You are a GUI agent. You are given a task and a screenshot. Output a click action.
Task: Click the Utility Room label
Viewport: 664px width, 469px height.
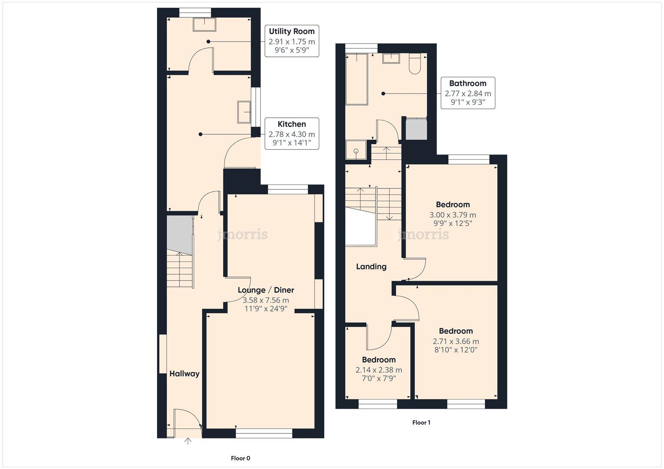pyautogui.click(x=291, y=31)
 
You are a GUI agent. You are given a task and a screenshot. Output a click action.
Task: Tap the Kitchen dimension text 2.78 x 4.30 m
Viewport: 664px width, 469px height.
pyautogui.click(x=291, y=134)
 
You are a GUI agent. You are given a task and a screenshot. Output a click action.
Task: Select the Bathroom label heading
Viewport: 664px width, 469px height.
pyautogui.click(x=467, y=83)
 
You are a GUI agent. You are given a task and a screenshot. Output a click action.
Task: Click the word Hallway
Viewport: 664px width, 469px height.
pyautogui.click(x=184, y=373)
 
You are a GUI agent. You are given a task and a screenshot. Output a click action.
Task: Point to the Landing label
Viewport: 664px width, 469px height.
pyautogui.click(x=371, y=267)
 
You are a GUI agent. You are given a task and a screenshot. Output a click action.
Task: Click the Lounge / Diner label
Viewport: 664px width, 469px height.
pyautogui.click(x=266, y=290)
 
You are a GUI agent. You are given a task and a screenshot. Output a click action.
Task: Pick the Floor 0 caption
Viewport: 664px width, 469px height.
pyautogui.click(x=240, y=458)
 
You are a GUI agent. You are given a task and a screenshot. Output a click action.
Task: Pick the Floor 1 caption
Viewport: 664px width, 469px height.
pyautogui.click(x=421, y=423)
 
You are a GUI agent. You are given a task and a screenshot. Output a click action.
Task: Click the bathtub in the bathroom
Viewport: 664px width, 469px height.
pyautogui.click(x=357, y=79)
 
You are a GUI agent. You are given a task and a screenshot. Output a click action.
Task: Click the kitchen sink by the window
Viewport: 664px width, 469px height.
pyautogui.click(x=244, y=112)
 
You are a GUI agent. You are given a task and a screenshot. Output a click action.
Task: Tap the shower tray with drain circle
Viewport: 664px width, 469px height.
pyautogui.click(x=356, y=150)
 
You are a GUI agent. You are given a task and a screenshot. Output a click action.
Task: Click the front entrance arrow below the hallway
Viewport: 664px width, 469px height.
pyautogui.click(x=188, y=441)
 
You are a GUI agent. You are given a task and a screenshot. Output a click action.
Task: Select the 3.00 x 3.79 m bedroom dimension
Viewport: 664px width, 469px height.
pyautogui.click(x=453, y=215)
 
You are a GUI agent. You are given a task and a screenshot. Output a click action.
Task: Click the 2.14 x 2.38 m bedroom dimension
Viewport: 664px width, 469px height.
pyautogui.click(x=379, y=370)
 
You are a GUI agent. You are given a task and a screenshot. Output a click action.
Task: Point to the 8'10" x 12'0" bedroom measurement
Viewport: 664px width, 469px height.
pyautogui.click(x=455, y=350)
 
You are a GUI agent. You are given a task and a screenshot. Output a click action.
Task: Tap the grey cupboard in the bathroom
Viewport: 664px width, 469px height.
pyautogui.click(x=416, y=129)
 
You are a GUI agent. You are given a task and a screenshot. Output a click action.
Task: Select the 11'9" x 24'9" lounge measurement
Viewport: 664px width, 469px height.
pyautogui.click(x=266, y=309)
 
